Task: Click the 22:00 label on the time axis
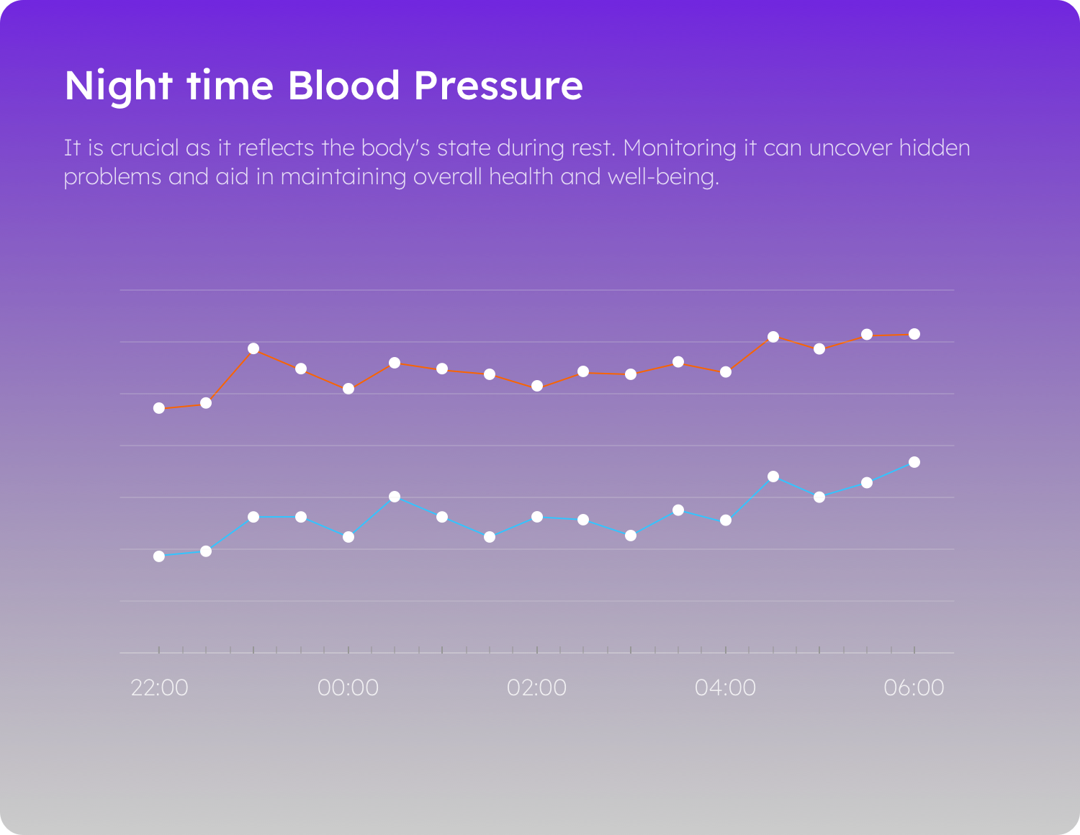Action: click(159, 687)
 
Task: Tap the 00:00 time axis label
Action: click(348, 687)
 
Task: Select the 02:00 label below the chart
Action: click(536, 687)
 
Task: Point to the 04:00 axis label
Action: click(725, 687)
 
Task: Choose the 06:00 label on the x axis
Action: click(914, 687)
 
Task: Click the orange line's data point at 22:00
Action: click(159, 408)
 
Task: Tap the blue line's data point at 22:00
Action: click(159, 556)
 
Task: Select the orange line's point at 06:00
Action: click(914, 334)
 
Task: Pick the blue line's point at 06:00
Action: click(914, 462)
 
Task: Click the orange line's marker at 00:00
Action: click(348, 389)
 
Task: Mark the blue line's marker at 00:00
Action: click(348, 537)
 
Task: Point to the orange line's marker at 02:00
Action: click(537, 387)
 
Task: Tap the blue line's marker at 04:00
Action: click(726, 520)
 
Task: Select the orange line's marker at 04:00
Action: click(726, 372)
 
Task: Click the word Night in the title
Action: click(118, 86)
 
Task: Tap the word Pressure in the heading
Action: click(498, 86)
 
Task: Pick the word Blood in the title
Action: click(343, 86)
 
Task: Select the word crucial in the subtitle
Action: click(144, 148)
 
